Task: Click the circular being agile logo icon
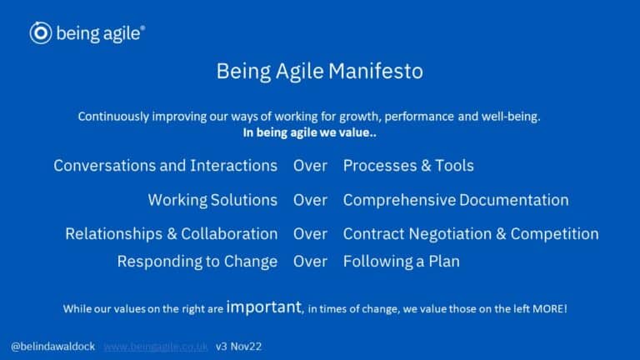coord(41,32)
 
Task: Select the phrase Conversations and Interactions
coord(165,166)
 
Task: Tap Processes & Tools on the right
coord(408,166)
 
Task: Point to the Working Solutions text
coord(212,200)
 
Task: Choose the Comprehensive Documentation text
coord(456,200)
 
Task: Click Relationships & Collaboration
coord(171,234)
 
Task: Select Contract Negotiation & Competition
coord(471,234)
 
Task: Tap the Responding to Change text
coord(197,262)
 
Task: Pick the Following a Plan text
coord(401,262)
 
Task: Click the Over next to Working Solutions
coord(310,200)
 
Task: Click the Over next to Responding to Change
coord(310,262)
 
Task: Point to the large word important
coord(263,307)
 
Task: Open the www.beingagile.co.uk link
coord(155,346)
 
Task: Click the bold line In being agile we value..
coord(309,132)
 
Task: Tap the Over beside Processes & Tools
coord(310,166)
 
